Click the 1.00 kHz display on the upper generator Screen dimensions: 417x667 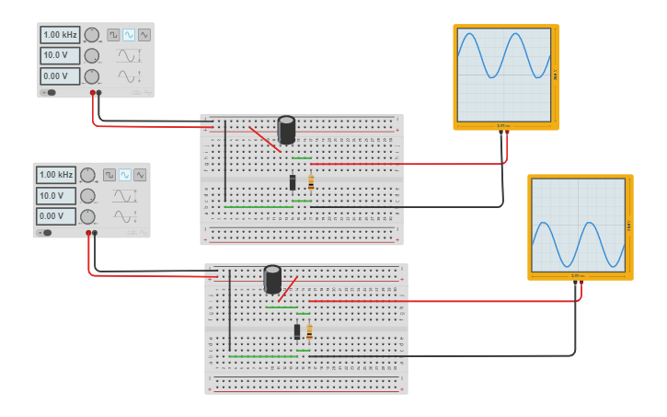tap(60, 34)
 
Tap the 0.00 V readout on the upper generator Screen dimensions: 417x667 tap(60, 75)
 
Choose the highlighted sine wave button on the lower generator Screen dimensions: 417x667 tap(124, 175)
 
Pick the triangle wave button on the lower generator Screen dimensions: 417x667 tap(140, 175)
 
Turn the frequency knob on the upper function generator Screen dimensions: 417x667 tap(92, 35)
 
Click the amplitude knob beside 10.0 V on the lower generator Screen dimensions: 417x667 tap(87, 195)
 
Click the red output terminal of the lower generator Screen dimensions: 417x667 tap(89, 234)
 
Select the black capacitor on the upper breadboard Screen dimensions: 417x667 tap(287, 130)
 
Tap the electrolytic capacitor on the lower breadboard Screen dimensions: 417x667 tap(272, 279)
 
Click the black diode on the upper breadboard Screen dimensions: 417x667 tap(293, 182)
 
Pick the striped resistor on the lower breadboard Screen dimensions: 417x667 tap(309, 331)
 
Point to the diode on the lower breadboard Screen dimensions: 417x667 tap(297, 331)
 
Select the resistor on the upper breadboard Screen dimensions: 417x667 tap(311, 182)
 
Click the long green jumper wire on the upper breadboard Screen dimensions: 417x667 tap(258, 207)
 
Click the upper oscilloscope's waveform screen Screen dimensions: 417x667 tap(504, 75)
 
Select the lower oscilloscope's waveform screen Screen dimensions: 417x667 tap(579, 225)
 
